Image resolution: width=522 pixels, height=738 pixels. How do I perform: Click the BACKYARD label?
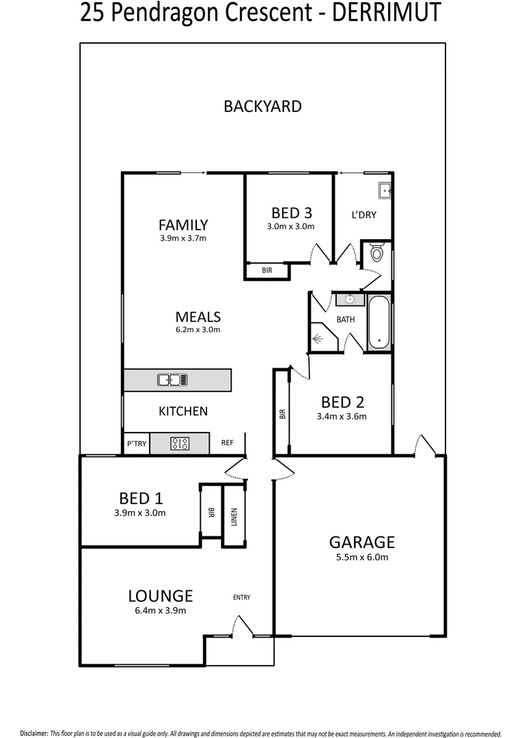(x=262, y=106)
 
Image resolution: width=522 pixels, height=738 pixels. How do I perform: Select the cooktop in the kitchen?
(x=180, y=443)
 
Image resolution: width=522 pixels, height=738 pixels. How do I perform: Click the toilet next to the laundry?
(x=376, y=254)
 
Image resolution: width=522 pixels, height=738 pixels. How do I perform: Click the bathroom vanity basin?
(x=349, y=299)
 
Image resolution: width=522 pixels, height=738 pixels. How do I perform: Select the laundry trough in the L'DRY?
(x=383, y=191)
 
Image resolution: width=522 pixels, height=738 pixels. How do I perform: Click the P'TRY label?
(x=136, y=443)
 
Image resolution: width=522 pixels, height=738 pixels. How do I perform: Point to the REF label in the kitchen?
(x=228, y=443)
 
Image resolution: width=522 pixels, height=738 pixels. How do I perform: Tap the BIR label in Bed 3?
(x=266, y=271)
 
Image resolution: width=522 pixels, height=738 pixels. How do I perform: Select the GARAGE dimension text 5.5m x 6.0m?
(x=361, y=557)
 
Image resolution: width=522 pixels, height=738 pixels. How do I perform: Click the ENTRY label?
(x=241, y=597)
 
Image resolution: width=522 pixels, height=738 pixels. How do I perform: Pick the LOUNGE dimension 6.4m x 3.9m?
(x=159, y=611)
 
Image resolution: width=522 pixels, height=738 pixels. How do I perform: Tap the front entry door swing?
(x=241, y=627)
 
